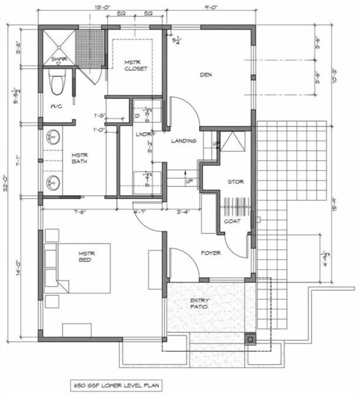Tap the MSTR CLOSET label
click(x=136, y=65)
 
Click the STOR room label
click(x=236, y=182)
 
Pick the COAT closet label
click(x=232, y=221)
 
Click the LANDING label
click(x=184, y=141)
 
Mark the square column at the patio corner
click(x=250, y=339)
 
